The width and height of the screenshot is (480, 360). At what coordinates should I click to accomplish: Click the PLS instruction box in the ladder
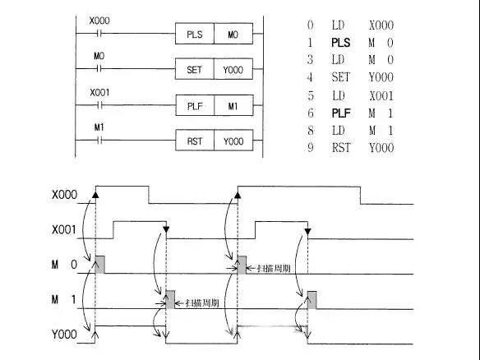tap(195, 34)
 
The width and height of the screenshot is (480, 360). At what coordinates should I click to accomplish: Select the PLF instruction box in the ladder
tap(195, 105)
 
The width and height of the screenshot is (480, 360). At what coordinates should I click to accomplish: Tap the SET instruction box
tap(195, 69)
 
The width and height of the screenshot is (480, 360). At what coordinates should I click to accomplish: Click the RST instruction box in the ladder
tap(195, 141)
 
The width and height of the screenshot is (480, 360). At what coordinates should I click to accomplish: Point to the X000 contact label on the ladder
tap(99, 21)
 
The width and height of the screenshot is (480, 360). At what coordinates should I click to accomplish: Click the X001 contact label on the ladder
tap(99, 92)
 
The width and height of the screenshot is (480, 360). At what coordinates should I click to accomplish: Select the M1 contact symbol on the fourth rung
tap(99, 141)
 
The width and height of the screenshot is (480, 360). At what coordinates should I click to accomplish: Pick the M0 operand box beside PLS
tap(233, 34)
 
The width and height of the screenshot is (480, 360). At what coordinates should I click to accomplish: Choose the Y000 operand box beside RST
tap(234, 141)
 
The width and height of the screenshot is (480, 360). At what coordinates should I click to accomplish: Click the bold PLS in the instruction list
tap(341, 43)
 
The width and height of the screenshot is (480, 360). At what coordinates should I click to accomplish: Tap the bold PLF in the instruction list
tap(341, 113)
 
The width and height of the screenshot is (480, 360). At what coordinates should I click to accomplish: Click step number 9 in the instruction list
tap(311, 148)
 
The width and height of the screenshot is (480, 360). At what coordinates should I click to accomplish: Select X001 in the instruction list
tap(381, 96)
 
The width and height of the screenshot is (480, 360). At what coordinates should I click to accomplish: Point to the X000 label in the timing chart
tap(64, 195)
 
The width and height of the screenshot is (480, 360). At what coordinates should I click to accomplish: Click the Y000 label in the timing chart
tap(64, 335)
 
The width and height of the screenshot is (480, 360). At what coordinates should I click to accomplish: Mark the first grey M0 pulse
tap(99, 264)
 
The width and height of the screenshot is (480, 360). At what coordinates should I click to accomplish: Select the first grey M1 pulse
tap(170, 299)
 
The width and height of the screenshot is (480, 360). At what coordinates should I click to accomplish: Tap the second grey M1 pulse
tap(312, 300)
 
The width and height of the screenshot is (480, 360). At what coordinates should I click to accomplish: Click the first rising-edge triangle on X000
tap(95, 195)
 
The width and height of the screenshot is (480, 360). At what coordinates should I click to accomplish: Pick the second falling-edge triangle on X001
tap(308, 231)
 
